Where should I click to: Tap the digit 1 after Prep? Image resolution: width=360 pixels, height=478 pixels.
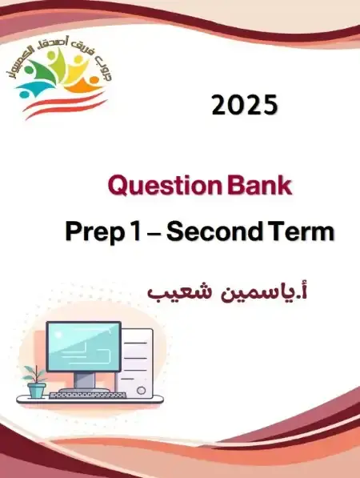pyautogui.click(x=133, y=231)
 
